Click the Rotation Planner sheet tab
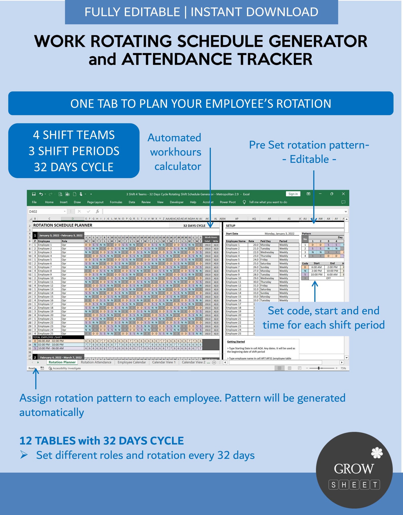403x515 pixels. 62,362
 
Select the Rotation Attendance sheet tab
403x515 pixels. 96,362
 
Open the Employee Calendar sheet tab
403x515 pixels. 132,362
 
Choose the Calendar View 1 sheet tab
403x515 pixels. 164,362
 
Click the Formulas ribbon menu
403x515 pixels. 116,202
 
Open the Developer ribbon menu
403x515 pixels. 177,202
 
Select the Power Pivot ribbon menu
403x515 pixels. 228,202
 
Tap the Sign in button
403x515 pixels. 293,194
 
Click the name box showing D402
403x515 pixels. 46,212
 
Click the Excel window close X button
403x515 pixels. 343,194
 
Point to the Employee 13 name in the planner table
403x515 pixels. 46,289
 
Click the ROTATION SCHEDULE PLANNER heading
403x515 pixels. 63,225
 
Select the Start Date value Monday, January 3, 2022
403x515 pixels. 279,234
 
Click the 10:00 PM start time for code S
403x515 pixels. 316,275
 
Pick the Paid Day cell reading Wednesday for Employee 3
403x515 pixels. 267,252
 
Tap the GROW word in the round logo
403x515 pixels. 354,469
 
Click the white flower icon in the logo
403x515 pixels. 377,453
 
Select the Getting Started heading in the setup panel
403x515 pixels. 236,342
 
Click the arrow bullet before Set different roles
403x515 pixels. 24,455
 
